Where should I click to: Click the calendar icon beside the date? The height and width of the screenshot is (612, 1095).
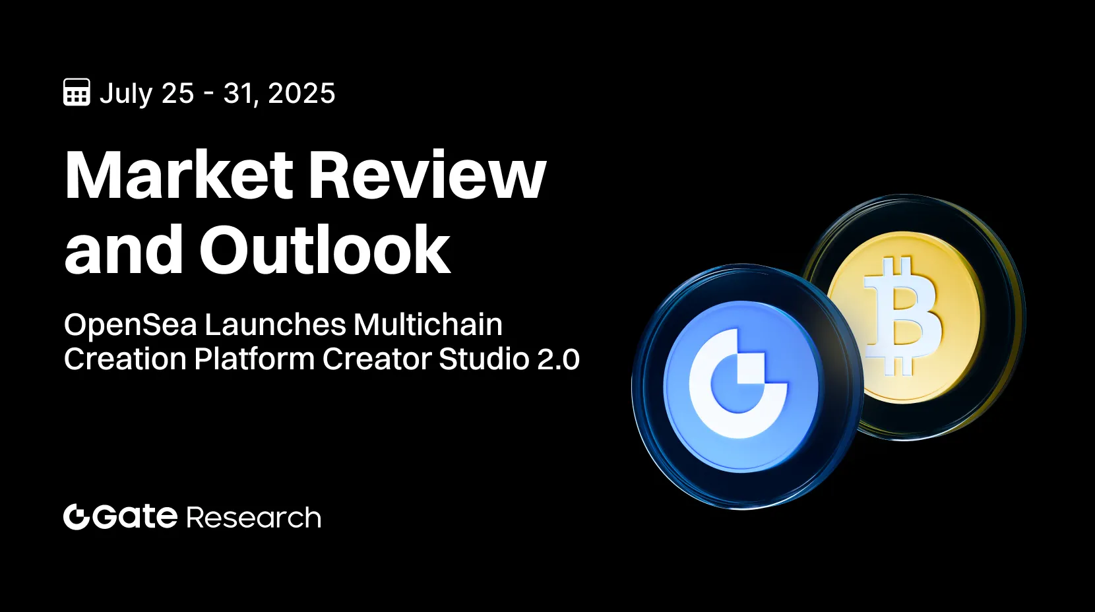point(77,92)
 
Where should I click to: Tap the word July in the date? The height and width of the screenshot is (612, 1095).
point(126,94)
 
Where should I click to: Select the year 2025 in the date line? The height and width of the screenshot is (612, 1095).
point(301,93)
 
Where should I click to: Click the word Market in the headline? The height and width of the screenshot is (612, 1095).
point(178,175)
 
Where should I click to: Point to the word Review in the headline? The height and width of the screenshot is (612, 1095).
point(427,175)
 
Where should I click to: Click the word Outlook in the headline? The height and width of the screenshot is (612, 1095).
point(325,249)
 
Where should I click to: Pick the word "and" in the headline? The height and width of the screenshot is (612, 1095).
point(123,249)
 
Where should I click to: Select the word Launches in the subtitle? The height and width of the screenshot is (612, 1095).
point(275,324)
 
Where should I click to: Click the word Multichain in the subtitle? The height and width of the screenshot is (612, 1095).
point(428,324)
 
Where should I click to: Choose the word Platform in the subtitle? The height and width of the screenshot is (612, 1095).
point(254,359)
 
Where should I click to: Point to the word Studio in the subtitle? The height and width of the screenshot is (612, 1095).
point(484,359)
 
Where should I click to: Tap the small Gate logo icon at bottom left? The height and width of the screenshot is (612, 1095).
point(77,516)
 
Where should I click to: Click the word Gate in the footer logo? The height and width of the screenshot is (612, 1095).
point(135,516)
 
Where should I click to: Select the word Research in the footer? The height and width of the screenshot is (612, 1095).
point(254,518)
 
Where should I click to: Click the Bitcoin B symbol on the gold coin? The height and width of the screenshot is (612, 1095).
point(903,317)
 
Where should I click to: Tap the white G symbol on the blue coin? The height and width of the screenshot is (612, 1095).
point(738,384)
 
